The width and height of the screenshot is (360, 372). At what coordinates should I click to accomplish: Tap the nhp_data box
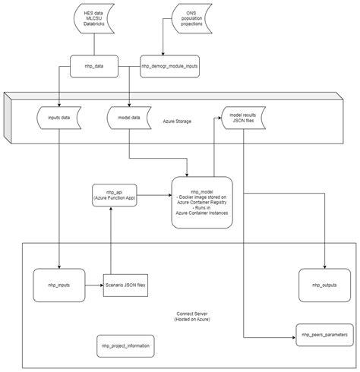(95, 66)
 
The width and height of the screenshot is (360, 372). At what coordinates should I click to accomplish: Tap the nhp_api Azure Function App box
(112, 194)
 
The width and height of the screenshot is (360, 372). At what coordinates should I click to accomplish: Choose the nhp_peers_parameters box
(324, 334)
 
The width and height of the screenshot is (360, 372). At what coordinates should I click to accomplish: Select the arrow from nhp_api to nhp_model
(153, 194)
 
